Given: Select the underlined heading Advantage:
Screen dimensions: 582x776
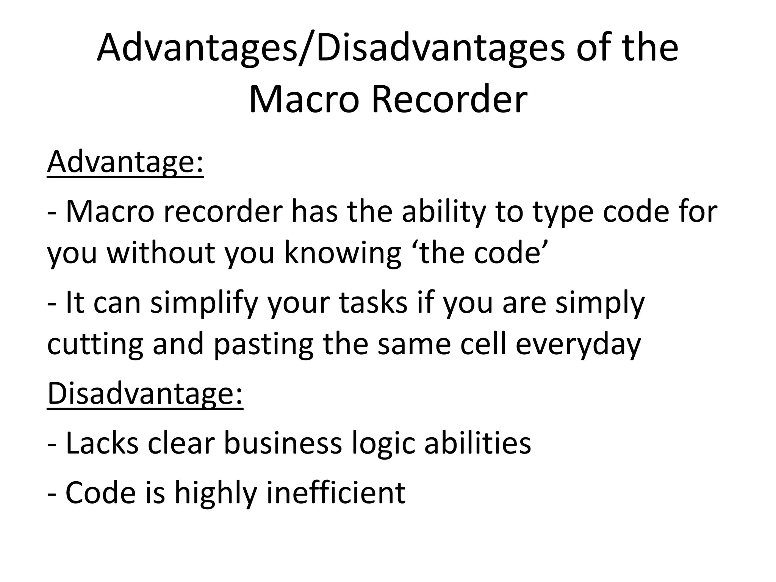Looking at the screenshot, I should [125, 162].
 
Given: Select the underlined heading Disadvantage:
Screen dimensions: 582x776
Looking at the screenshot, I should [145, 394].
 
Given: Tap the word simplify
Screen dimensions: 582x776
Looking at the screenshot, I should [204, 303].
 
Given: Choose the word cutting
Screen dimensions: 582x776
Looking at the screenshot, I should [95, 344].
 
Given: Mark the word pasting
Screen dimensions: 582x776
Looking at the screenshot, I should [263, 344].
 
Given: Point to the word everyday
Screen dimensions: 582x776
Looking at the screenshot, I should [578, 344].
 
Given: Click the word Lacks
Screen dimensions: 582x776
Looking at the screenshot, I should [102, 443].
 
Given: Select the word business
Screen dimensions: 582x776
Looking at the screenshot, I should [283, 443].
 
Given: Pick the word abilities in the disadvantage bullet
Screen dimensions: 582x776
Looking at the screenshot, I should [478, 443].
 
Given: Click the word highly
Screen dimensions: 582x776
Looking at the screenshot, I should [216, 493].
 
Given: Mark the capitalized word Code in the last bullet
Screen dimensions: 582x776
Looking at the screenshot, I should [100, 493].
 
